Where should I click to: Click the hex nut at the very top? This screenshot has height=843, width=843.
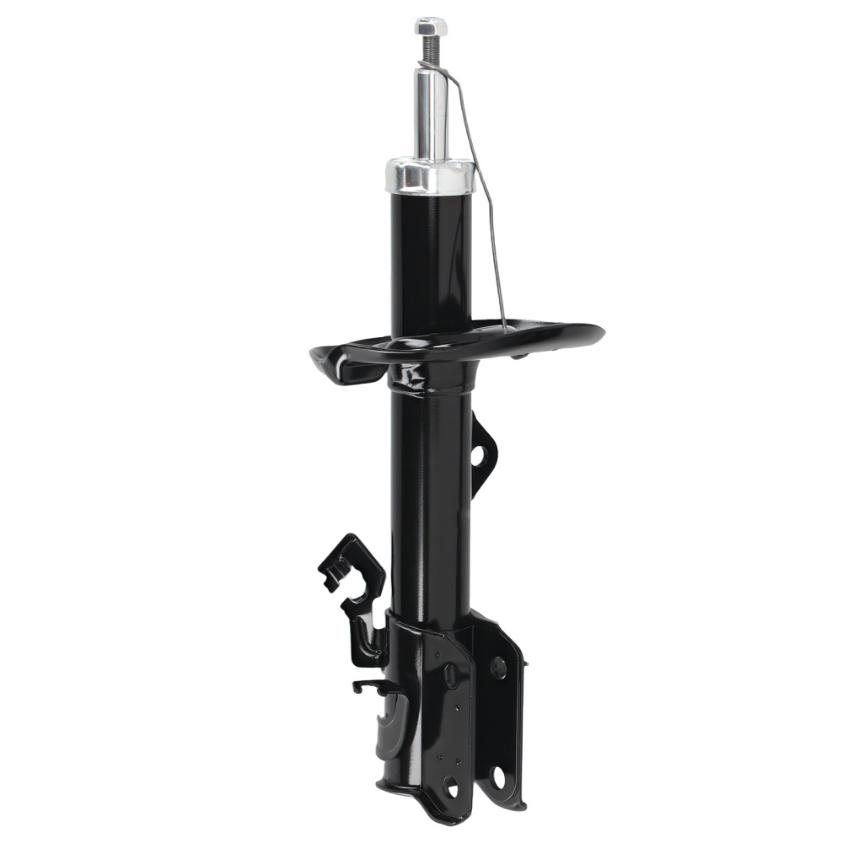point(431,26)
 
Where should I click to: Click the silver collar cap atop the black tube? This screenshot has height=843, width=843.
point(429,176)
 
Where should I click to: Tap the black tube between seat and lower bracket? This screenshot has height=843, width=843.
point(431,506)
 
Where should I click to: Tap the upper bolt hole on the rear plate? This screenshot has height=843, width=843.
point(498,668)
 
